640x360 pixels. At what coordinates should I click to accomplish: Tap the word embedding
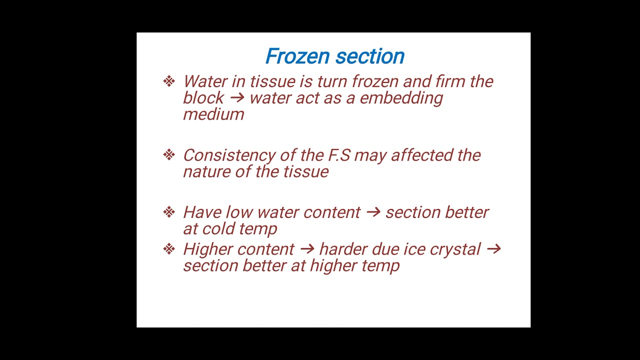[x=401, y=98]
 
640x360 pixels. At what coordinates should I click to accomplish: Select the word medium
[x=213, y=114]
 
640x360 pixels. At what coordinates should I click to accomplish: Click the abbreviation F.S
[x=339, y=155]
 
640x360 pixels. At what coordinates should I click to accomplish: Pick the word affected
[x=421, y=155]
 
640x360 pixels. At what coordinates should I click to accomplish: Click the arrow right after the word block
[x=236, y=98]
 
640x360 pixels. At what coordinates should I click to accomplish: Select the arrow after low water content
[x=373, y=212]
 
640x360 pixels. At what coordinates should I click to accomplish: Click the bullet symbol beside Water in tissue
[x=169, y=81]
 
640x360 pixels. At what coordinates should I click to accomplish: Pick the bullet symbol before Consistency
[x=169, y=155]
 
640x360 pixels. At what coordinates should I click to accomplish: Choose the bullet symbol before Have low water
[x=169, y=212]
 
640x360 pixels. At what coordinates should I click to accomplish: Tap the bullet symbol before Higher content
[x=169, y=249]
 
